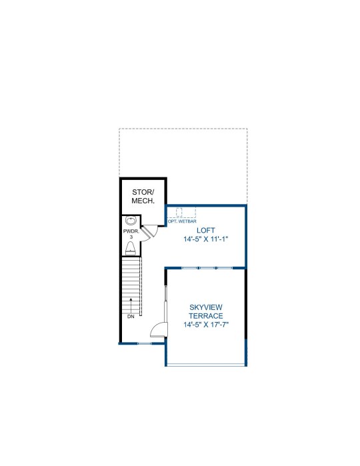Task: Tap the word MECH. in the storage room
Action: [143, 201]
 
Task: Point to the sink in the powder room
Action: [131, 221]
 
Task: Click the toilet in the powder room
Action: [130, 249]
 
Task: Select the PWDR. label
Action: [131, 231]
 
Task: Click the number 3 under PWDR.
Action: [131, 237]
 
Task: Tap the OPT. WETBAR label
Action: [182, 221]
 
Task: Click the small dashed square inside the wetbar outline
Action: [179, 212]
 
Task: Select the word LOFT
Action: [206, 230]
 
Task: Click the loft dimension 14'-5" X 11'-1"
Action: [206, 239]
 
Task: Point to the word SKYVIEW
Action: [206, 307]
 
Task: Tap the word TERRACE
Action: [206, 316]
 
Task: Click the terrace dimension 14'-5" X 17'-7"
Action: [206, 325]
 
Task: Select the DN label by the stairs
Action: [131, 317]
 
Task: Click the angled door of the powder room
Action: [147, 232]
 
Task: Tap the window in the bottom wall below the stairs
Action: [145, 343]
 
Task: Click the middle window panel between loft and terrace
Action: [207, 268]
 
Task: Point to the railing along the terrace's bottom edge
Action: [206, 365]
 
